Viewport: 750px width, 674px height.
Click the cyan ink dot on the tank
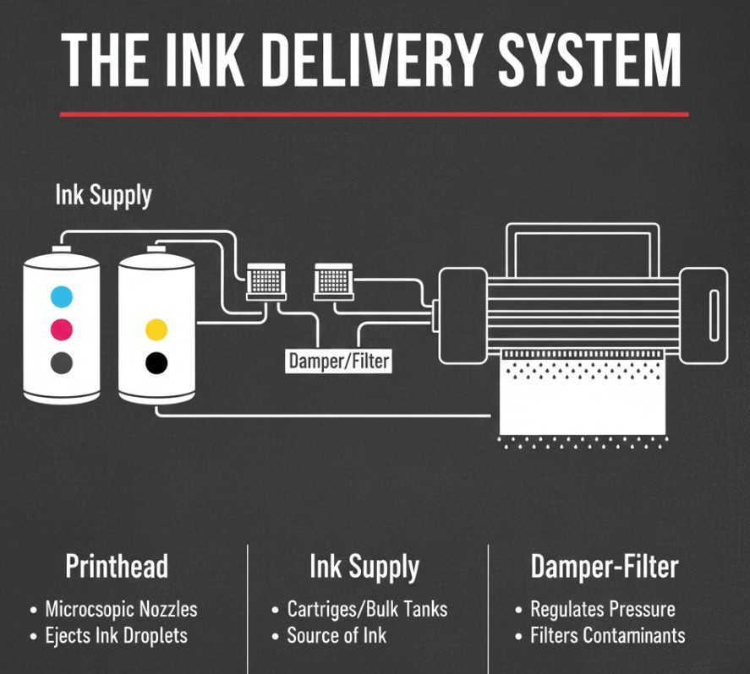(x=62, y=296)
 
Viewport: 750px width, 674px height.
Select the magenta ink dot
(x=62, y=329)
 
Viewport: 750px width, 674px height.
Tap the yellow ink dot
(x=156, y=329)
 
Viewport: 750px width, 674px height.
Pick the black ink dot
(x=156, y=363)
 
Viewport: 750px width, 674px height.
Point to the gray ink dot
(x=62, y=363)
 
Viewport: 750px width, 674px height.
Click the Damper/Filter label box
(x=339, y=361)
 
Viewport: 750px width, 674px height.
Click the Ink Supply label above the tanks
(x=103, y=195)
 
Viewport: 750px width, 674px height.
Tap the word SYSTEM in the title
(x=589, y=61)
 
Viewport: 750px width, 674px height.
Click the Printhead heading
(x=117, y=566)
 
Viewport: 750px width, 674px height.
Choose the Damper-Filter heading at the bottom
(x=605, y=567)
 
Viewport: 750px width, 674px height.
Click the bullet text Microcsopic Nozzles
(x=121, y=609)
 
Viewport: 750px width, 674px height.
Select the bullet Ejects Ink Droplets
(x=116, y=636)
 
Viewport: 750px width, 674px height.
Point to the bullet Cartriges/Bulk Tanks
(x=367, y=609)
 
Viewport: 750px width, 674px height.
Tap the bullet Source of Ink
(x=337, y=635)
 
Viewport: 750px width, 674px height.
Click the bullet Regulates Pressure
(x=603, y=610)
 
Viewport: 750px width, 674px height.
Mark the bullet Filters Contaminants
(x=607, y=635)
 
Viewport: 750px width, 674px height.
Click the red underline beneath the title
(x=375, y=115)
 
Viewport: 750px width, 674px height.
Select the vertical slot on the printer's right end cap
(x=714, y=316)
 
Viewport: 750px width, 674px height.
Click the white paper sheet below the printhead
(x=583, y=398)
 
